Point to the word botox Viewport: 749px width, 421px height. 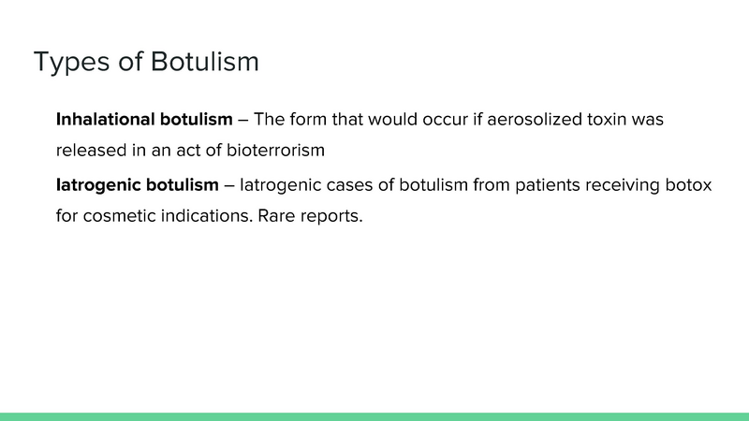pyautogui.click(x=690, y=185)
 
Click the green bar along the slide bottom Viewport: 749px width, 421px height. pyautogui.click(x=374, y=416)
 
